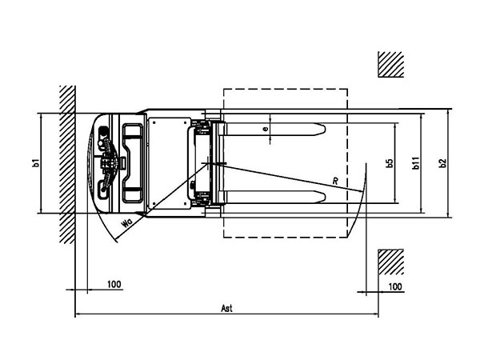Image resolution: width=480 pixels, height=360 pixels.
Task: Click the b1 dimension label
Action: click(x=36, y=162)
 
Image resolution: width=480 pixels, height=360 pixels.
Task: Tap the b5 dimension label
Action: click(x=390, y=163)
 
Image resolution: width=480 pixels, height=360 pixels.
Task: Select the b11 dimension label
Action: click(x=416, y=163)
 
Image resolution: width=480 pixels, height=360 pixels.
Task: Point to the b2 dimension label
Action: click(x=442, y=163)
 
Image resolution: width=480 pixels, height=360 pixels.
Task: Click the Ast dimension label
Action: click(x=227, y=308)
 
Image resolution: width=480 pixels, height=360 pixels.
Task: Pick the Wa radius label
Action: click(x=127, y=223)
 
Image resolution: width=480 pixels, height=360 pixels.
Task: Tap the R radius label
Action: click(x=335, y=181)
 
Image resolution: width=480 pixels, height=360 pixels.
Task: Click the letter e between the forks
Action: click(x=266, y=129)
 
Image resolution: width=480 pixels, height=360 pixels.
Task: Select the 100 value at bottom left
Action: click(x=114, y=284)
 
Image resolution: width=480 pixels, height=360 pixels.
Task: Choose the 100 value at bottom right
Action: click(x=395, y=287)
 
